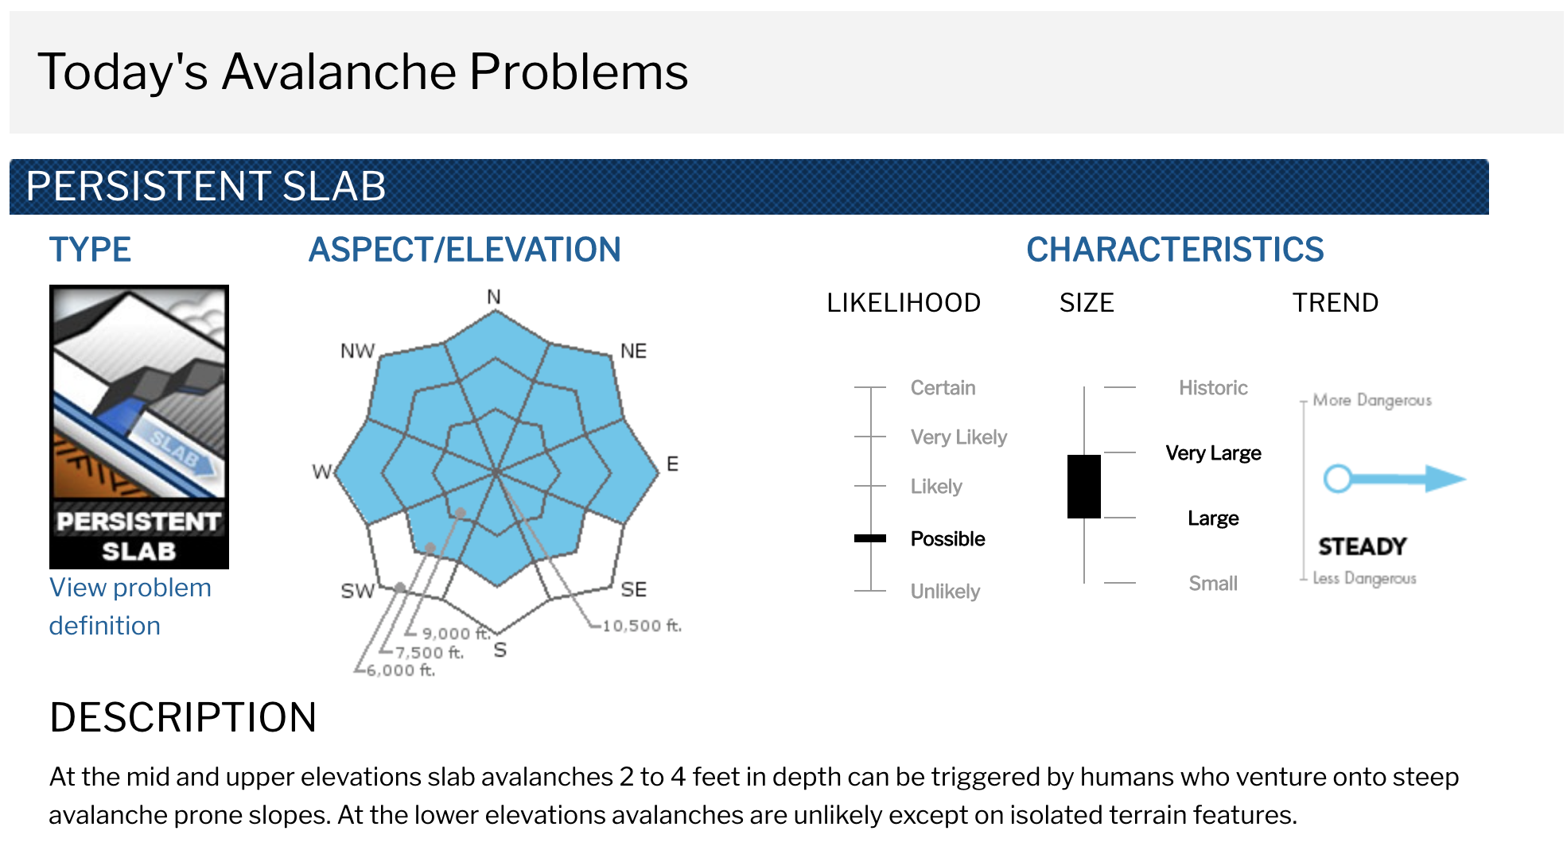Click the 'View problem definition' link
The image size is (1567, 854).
[130, 606]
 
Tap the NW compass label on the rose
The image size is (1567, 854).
[357, 351]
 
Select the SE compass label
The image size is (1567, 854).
[634, 589]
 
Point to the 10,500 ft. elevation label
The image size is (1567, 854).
[642, 626]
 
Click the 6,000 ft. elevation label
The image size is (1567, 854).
[401, 670]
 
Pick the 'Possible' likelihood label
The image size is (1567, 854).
[947, 539]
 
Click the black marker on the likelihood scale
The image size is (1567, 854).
[870, 538]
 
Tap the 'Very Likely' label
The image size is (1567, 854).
[958, 437]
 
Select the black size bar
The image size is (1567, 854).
[1084, 487]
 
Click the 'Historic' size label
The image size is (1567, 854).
[1213, 388]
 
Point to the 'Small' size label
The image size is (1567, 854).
[1213, 584]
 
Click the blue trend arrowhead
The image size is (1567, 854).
[1445, 478]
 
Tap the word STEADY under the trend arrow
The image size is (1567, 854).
[1363, 546]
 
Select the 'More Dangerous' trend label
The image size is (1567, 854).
[1372, 400]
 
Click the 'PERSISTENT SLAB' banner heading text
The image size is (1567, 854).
[206, 186]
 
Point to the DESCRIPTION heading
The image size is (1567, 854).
[183, 717]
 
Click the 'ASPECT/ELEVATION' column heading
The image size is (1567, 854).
[465, 250]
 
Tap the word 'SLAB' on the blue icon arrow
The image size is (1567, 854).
[175, 449]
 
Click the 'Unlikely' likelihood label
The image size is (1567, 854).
[945, 592]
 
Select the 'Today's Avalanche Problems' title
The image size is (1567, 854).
[363, 72]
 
